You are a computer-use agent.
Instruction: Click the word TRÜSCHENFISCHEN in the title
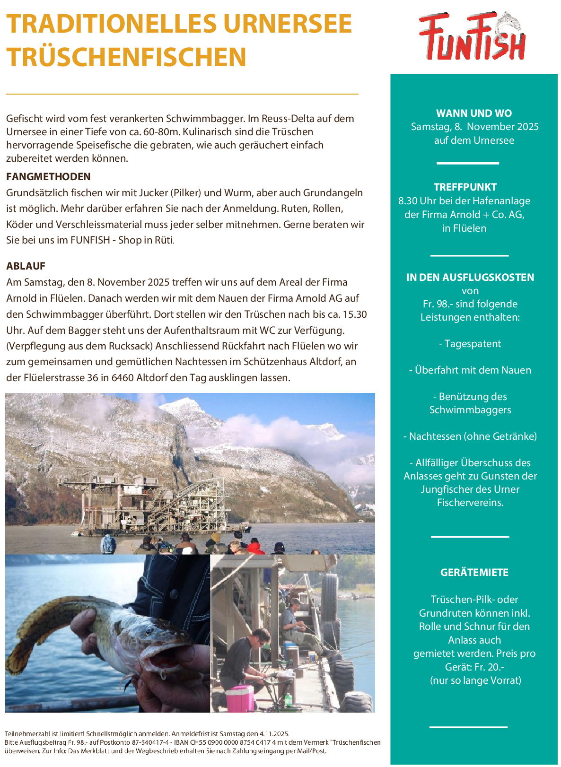pos(126,57)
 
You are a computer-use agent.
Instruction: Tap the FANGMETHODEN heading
pos(48,177)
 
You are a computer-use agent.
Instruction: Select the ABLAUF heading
pos(26,266)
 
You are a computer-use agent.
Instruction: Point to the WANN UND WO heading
pos(473,113)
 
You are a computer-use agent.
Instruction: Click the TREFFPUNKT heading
pos(465,187)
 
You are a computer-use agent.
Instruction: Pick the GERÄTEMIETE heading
pos(474,573)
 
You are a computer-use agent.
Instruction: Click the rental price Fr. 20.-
pos(488,667)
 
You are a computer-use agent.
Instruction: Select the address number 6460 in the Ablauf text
pos(123,378)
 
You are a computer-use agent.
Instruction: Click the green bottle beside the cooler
pos(287,700)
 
